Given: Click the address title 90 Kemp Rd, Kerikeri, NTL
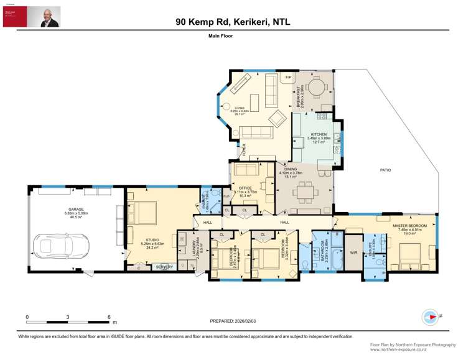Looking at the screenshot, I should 233,22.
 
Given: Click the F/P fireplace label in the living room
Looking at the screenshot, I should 288,77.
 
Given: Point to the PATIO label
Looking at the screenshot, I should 385,170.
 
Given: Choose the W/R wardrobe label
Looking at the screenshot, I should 353,252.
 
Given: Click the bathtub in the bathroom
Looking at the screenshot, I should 334,258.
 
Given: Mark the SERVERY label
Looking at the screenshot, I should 164,267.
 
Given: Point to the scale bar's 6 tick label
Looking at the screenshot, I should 110,316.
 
